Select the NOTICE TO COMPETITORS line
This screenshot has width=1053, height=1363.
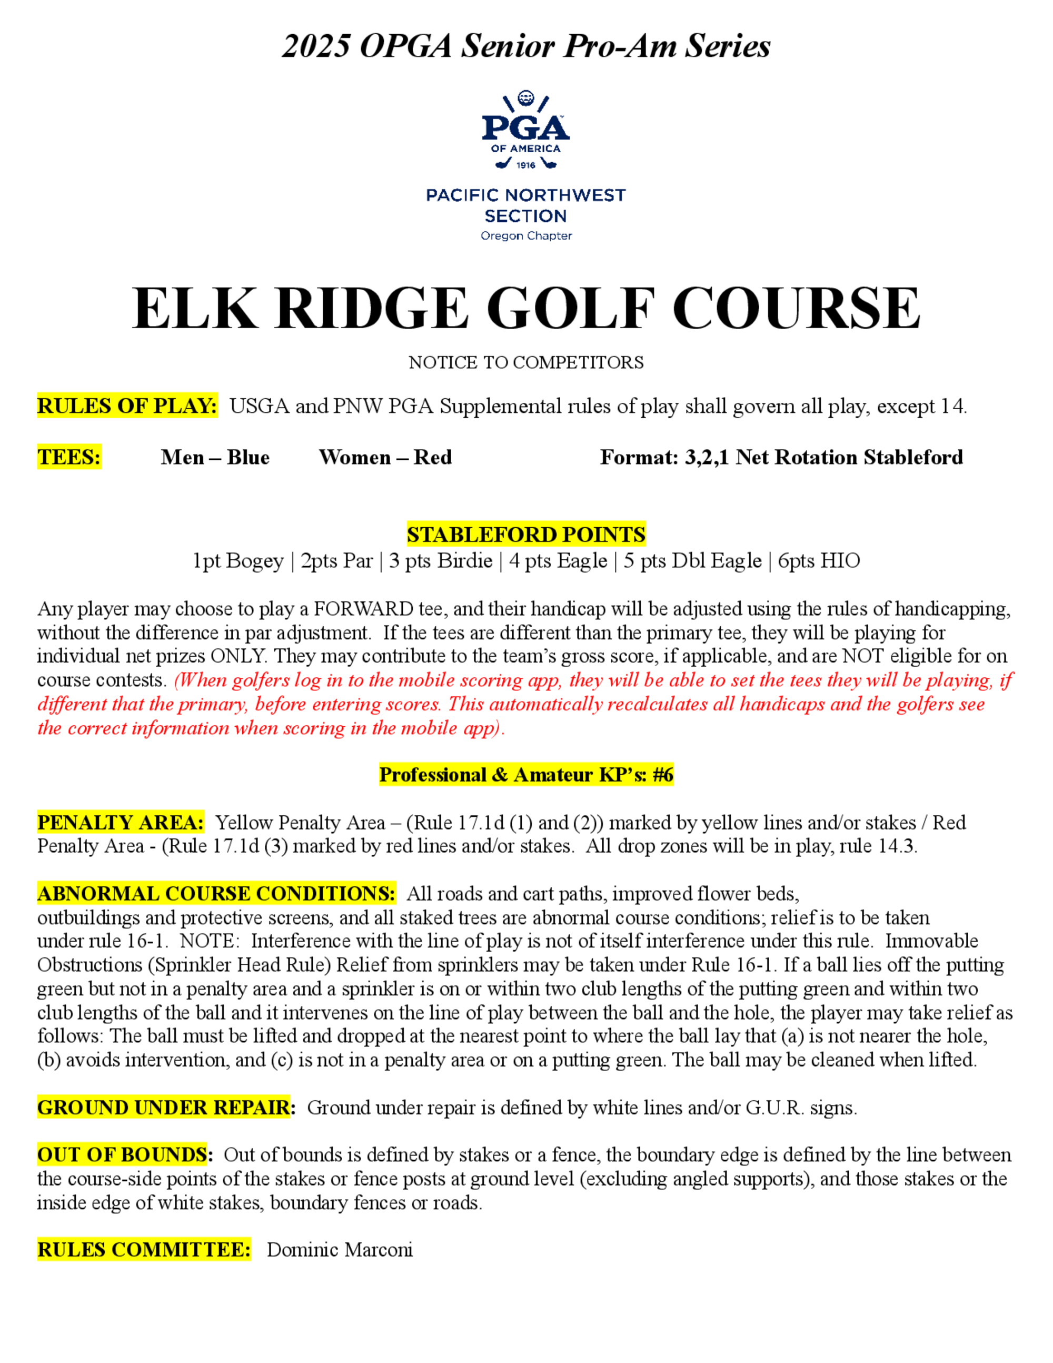[x=526, y=362]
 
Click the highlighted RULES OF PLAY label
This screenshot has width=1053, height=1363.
[x=127, y=406]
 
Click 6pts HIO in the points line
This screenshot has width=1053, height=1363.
[x=819, y=560]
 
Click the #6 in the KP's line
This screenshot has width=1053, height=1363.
[x=662, y=775]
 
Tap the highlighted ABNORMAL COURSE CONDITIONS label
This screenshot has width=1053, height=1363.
[x=216, y=894]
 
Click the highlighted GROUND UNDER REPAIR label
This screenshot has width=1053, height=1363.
[x=166, y=1107]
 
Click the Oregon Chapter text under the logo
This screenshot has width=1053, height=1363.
[x=526, y=236]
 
